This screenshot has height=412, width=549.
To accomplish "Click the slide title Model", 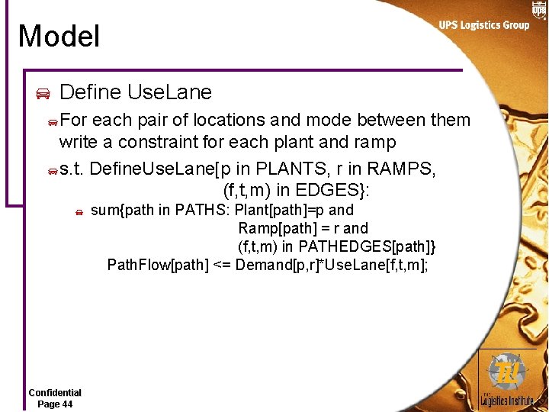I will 59,37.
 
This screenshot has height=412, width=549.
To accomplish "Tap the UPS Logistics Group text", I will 483,25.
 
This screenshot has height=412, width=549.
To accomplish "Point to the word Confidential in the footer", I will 55,393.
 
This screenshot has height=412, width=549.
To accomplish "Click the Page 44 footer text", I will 55,404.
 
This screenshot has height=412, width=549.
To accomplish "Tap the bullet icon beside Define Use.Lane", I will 43,94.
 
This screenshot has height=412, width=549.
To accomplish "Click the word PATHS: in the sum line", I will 202,210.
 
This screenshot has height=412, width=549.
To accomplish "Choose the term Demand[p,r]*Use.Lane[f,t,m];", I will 332,265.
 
